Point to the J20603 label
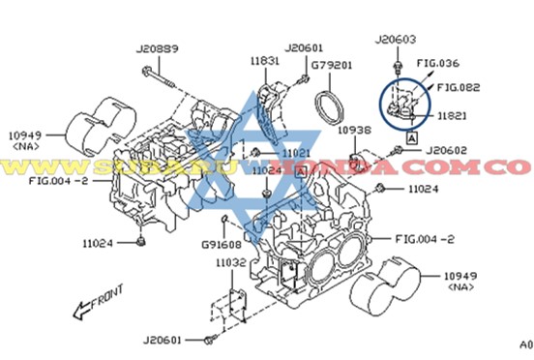coord(397,39)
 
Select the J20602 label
coord(446,150)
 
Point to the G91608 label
coord(221,245)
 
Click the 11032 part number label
coord(230,263)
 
